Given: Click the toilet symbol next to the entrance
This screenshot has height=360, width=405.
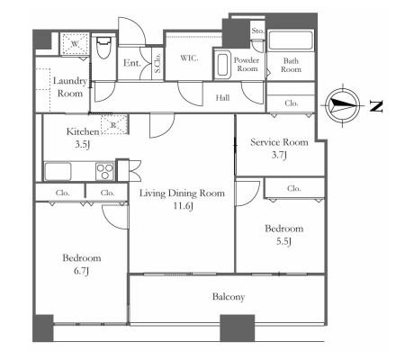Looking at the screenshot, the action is [103, 48].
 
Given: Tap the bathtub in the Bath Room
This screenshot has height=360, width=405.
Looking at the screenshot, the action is [290, 40].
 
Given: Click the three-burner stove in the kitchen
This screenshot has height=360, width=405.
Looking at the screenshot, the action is [104, 171].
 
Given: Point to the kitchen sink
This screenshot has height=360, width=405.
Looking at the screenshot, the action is [58, 172].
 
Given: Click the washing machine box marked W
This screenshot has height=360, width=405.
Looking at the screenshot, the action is [75, 44].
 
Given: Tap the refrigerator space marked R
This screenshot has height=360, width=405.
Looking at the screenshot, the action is [114, 124].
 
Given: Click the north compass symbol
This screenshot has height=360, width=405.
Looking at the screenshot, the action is [342, 105].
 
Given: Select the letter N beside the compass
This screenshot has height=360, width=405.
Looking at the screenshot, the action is [376, 106].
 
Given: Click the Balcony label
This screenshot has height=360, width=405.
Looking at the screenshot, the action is [229, 297].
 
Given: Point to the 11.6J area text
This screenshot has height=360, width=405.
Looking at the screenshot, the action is [183, 206].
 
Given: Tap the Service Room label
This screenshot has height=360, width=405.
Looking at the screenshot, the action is [279, 142].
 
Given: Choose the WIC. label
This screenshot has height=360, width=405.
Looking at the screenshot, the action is [189, 58].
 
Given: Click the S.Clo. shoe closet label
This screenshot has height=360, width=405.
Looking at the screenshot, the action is [157, 63].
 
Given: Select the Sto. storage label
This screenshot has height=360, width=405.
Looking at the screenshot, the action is [257, 31].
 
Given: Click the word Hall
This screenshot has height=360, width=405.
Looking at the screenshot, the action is [222, 97].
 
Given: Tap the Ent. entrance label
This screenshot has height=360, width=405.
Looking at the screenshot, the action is [132, 63].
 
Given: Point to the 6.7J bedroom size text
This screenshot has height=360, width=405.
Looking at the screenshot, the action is [82, 271].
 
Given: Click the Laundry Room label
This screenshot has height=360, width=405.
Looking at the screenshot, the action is [70, 87].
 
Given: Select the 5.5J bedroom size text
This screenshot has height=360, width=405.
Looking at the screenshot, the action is [283, 241].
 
